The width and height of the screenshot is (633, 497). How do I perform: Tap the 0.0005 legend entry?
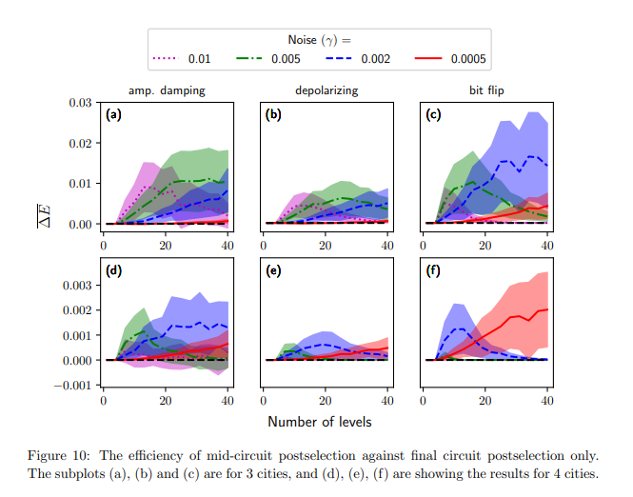pyautogui.click(x=451, y=59)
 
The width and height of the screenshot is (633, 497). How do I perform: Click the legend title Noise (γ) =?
pyautogui.click(x=320, y=39)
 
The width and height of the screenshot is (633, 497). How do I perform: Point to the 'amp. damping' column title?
pyautogui.click(x=167, y=91)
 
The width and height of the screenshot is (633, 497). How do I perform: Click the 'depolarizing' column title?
pyautogui.click(x=326, y=91)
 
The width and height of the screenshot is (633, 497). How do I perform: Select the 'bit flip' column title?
pyautogui.click(x=485, y=91)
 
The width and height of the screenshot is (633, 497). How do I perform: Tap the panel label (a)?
pyautogui.click(x=114, y=115)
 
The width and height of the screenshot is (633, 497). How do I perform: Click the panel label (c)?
pyautogui.click(x=433, y=115)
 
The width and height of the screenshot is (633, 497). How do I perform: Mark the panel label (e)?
pyautogui.click(x=274, y=271)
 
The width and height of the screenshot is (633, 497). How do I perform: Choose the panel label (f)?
pyautogui.click(x=433, y=271)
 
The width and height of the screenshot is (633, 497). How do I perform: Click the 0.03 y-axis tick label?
pyautogui.click(x=80, y=103)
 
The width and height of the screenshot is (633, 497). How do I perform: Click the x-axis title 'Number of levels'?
pyautogui.click(x=319, y=421)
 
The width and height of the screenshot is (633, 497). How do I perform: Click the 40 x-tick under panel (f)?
pyautogui.click(x=547, y=401)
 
